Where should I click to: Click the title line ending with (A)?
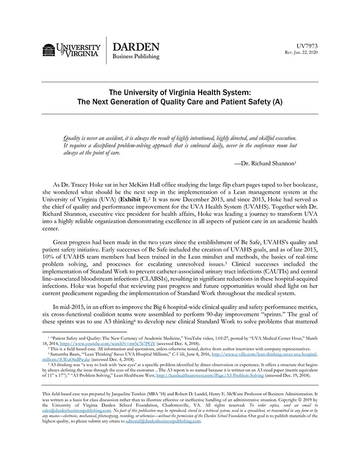tap(179, 102)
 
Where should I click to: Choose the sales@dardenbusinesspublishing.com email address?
tap(71, 411)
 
